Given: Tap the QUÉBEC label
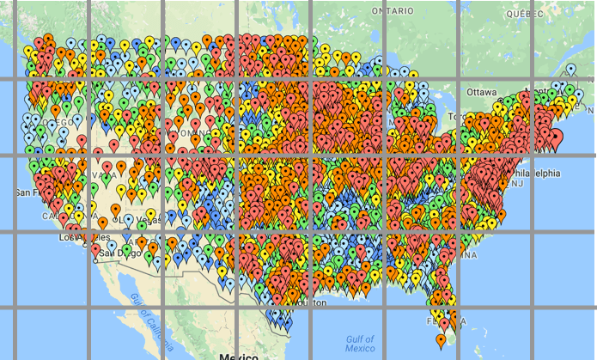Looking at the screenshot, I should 527,14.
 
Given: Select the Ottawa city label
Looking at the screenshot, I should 482,92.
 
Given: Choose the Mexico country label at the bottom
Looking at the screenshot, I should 240,356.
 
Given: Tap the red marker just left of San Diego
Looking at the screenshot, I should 95,250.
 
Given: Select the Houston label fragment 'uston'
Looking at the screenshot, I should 314,303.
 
